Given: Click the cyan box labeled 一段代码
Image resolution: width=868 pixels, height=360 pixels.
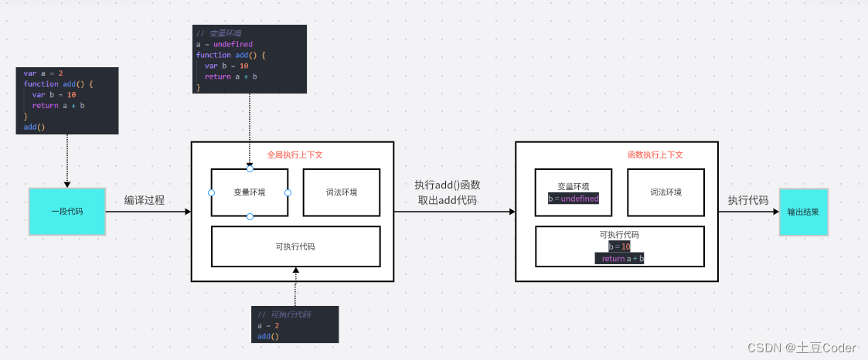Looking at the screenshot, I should pyautogui.click(x=66, y=211).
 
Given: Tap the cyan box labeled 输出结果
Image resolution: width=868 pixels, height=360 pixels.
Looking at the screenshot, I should pyautogui.click(x=803, y=212).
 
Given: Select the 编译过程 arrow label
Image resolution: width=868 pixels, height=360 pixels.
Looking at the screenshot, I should pyautogui.click(x=145, y=200).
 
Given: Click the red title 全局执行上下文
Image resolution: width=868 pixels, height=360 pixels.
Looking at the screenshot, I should pyautogui.click(x=294, y=155).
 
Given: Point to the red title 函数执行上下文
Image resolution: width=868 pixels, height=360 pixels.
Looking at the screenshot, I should pyautogui.click(x=655, y=155).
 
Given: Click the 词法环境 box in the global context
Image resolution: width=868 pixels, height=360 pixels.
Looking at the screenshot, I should pyautogui.click(x=341, y=192).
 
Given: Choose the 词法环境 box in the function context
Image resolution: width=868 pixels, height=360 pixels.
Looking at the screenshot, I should pyautogui.click(x=665, y=192).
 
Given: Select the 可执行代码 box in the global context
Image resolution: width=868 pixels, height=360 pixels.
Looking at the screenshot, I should pyautogui.click(x=295, y=246).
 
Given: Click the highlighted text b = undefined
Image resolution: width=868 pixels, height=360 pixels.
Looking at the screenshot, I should pyautogui.click(x=573, y=199).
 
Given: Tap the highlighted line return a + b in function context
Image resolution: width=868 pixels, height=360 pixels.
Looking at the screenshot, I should pyautogui.click(x=619, y=259).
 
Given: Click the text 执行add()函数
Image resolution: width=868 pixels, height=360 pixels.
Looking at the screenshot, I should pyautogui.click(x=447, y=185).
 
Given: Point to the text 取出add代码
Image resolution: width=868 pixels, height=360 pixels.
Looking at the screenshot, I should pyautogui.click(x=447, y=200).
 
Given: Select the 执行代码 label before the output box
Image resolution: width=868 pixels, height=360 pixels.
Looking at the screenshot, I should pyautogui.click(x=747, y=200).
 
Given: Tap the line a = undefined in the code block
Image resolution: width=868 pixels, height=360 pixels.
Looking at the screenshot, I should pyautogui.click(x=224, y=44).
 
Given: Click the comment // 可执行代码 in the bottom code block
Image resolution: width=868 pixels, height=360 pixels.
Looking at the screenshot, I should pyautogui.click(x=284, y=315).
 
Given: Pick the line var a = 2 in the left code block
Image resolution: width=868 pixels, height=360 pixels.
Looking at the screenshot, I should pyautogui.click(x=43, y=73).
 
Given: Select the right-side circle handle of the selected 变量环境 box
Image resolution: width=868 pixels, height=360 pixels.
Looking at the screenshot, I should pyautogui.click(x=288, y=192).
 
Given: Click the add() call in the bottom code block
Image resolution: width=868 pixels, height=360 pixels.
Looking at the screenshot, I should pyautogui.click(x=267, y=337).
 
